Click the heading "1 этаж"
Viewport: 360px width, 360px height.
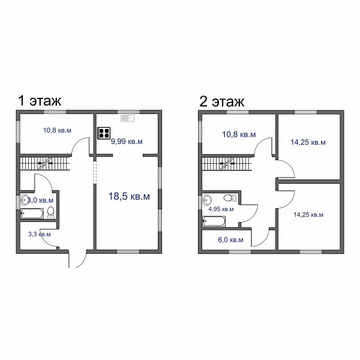tap(40, 101)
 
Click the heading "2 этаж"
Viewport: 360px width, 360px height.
tap(221, 101)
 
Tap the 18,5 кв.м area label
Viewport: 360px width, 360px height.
tap(129, 197)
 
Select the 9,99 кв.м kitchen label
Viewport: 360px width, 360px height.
tap(127, 142)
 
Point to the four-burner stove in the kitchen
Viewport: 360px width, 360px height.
tap(104, 133)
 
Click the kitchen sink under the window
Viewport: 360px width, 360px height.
tap(128, 118)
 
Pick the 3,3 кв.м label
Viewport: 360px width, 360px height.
tap(40, 235)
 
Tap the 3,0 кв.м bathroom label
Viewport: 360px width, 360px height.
tap(40, 200)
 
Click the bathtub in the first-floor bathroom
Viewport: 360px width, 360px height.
tap(32, 214)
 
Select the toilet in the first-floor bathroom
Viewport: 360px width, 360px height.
tap(50, 212)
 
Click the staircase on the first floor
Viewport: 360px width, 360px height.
tap(45, 163)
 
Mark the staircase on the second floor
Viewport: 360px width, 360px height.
tap(227, 163)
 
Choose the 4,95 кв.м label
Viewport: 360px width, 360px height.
tap(221, 209)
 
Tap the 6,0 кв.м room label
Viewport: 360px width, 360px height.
tap(230, 240)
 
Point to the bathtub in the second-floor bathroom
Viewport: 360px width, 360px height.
tap(214, 221)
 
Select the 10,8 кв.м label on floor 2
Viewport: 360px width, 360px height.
tap(239, 134)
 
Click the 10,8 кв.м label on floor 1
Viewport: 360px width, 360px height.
tap(57, 130)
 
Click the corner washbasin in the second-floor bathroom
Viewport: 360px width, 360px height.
tap(208, 200)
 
